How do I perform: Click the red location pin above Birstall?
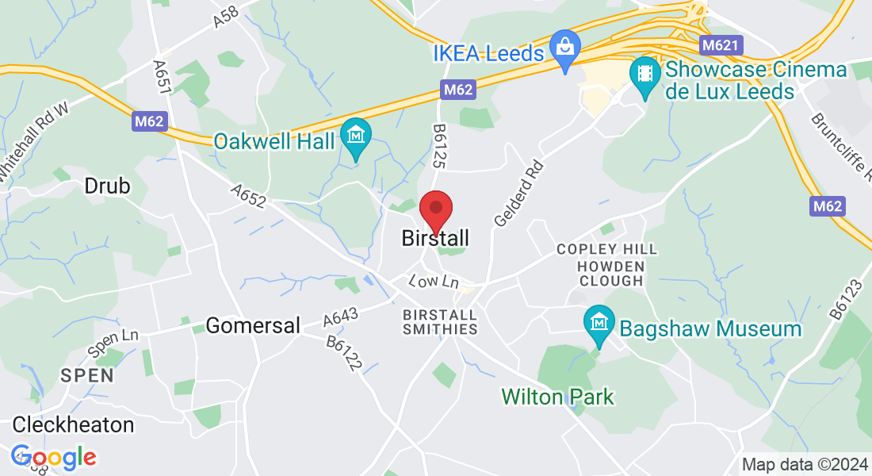point(435,210)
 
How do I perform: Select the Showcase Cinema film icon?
point(644,74)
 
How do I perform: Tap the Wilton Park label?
point(558,396)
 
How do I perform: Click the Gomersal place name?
point(253,325)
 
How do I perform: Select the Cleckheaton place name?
point(73,424)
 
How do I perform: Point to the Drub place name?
point(107,186)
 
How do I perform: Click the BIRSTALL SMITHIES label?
point(441,321)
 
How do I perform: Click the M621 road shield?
point(720,45)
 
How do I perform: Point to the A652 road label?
point(248,198)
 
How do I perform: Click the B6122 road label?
point(344,354)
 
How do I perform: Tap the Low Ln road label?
point(434,282)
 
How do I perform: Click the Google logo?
point(53,457)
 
